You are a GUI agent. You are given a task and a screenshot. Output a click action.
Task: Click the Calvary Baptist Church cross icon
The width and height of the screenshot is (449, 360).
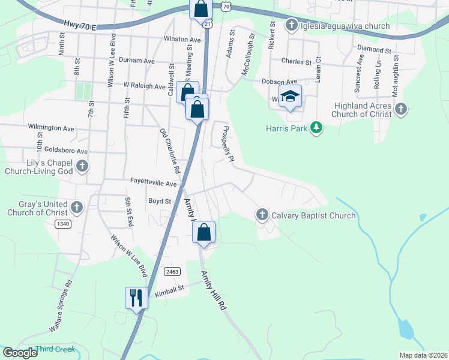coord(262,215)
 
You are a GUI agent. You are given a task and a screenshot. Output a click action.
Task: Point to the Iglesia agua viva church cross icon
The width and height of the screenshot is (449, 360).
coord(291,25)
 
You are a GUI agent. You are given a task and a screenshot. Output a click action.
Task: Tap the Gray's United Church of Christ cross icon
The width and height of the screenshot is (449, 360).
coord(76,208)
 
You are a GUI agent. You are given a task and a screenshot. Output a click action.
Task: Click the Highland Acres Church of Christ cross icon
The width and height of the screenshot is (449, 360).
coord(401,109)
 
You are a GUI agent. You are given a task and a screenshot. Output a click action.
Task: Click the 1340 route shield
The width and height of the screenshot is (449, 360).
coord(63,224)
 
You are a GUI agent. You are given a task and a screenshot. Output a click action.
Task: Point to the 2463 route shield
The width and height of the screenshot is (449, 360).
coord(172,271)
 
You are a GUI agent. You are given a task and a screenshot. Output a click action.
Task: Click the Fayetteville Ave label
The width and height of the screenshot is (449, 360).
coord(154,183)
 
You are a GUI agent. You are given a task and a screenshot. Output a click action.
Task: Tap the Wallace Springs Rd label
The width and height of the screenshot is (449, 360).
coord(61,305)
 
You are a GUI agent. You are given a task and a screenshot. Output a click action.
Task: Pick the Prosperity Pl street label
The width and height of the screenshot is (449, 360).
coord(228,144)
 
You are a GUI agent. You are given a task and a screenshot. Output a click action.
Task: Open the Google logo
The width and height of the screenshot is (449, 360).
coord(20,353)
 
